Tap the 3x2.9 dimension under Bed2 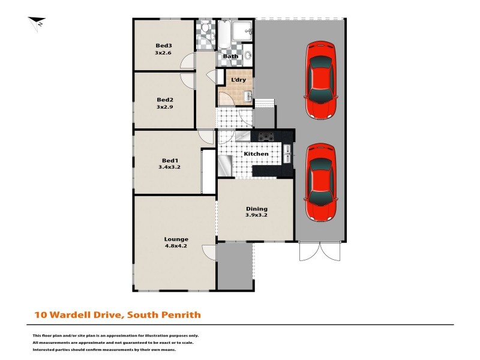(165, 107)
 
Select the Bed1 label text (170, 160)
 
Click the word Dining (256, 209)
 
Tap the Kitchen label (256, 154)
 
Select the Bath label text (230, 56)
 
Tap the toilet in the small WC (205, 28)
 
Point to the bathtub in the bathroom (223, 36)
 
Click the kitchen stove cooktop (266, 137)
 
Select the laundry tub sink (248, 97)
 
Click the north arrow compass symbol (37, 23)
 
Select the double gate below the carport (319, 252)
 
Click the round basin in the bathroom (248, 56)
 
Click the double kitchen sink (287, 153)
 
